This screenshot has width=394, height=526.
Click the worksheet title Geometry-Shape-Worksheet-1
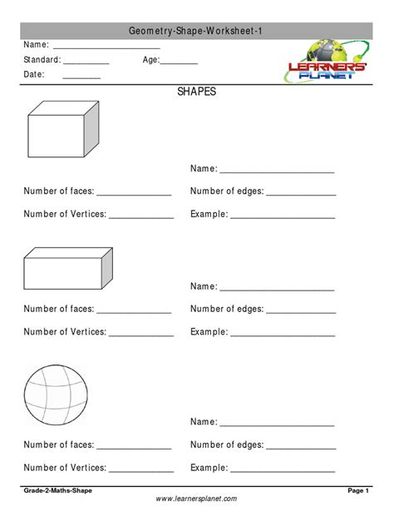coord(196,31)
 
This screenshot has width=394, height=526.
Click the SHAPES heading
coord(196,92)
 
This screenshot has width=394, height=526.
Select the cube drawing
coord(62,132)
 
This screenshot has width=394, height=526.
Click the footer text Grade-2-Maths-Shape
coord(58,492)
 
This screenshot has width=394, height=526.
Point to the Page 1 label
coord(357,492)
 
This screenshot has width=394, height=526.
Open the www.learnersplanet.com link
coord(196,499)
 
